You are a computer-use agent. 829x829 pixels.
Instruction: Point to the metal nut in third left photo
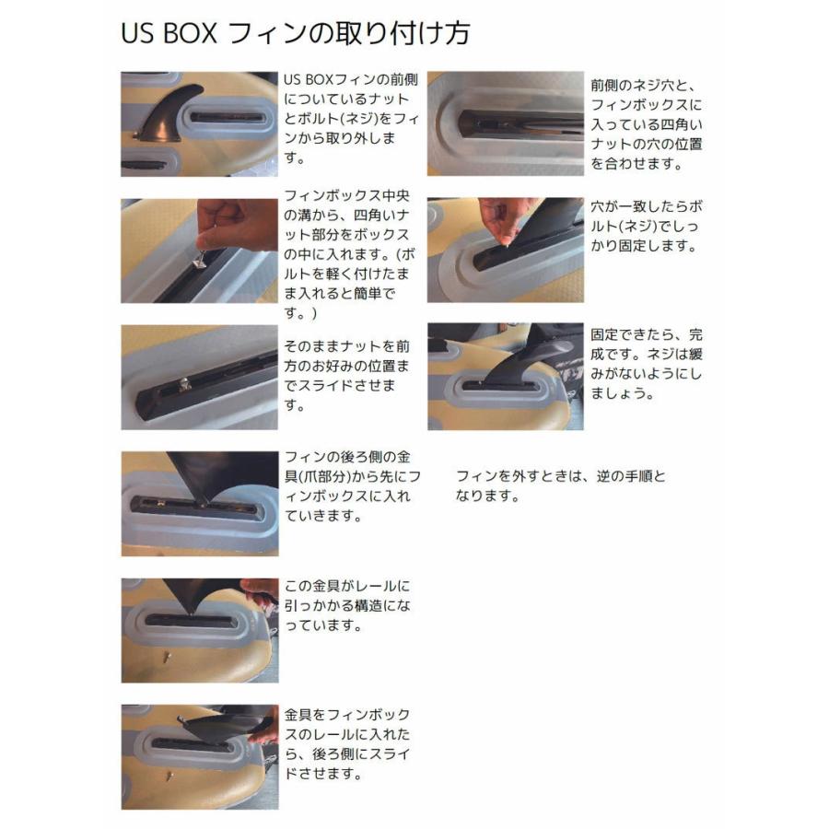185,387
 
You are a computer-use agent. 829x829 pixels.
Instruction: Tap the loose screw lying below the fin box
168,657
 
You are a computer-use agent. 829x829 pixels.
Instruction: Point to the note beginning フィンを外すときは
559,485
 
